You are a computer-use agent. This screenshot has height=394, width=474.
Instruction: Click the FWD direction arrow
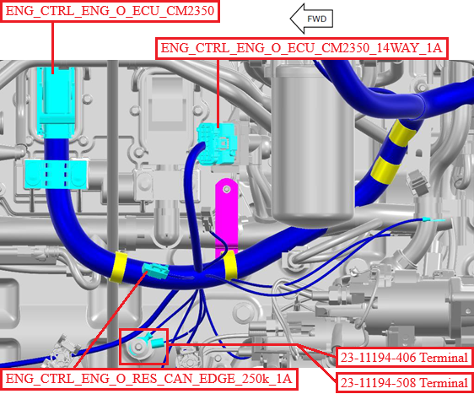(x=311, y=19)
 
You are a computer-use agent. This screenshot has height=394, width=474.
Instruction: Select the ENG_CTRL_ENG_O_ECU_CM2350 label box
(x=110, y=11)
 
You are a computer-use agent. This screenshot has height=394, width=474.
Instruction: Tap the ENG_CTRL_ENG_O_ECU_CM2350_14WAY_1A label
(x=301, y=48)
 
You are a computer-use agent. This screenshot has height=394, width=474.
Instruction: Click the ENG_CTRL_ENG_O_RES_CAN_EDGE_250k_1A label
(x=149, y=379)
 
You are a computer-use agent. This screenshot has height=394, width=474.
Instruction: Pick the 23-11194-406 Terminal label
(x=404, y=358)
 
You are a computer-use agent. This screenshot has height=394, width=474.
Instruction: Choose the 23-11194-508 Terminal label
(x=404, y=383)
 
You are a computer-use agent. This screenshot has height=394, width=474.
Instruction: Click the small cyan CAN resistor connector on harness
(x=156, y=271)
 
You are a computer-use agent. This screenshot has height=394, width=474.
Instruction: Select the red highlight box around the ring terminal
(x=143, y=346)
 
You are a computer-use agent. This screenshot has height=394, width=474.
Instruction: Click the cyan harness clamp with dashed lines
(x=56, y=174)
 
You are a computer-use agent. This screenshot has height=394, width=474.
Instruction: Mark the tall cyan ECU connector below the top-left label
(x=56, y=102)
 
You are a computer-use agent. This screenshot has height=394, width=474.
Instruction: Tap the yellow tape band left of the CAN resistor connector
(x=119, y=267)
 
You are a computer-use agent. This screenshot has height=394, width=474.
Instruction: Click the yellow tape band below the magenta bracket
(x=229, y=265)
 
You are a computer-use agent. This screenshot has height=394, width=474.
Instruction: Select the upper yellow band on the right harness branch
(x=401, y=133)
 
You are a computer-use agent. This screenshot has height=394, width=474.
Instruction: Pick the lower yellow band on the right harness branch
(x=385, y=170)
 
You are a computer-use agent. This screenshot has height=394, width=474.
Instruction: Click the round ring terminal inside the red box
(x=139, y=348)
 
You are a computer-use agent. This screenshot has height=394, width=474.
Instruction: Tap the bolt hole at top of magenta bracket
(x=226, y=190)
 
